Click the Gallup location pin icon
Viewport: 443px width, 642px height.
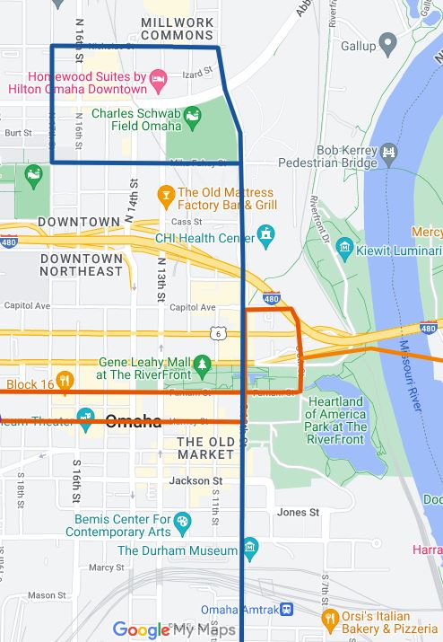pyautogui.click(x=387, y=43)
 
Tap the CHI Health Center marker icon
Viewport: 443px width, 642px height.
pyautogui.click(x=265, y=235)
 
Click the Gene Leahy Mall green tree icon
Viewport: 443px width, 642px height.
pyautogui.click(x=203, y=364)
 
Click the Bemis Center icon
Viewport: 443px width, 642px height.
pyautogui.click(x=183, y=521)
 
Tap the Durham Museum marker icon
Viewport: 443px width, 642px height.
pyautogui.click(x=250, y=546)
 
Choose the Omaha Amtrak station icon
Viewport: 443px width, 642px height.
pyautogui.click(x=285, y=609)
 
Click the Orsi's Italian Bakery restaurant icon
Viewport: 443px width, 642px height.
pyautogui.click(x=330, y=618)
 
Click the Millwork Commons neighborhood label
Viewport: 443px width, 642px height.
pyautogui.click(x=177, y=27)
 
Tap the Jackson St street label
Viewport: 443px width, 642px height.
pyautogui.click(x=195, y=481)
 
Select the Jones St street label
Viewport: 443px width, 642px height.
pyautogui.click(x=298, y=512)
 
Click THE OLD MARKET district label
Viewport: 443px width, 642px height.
pyautogui.click(x=205, y=448)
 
